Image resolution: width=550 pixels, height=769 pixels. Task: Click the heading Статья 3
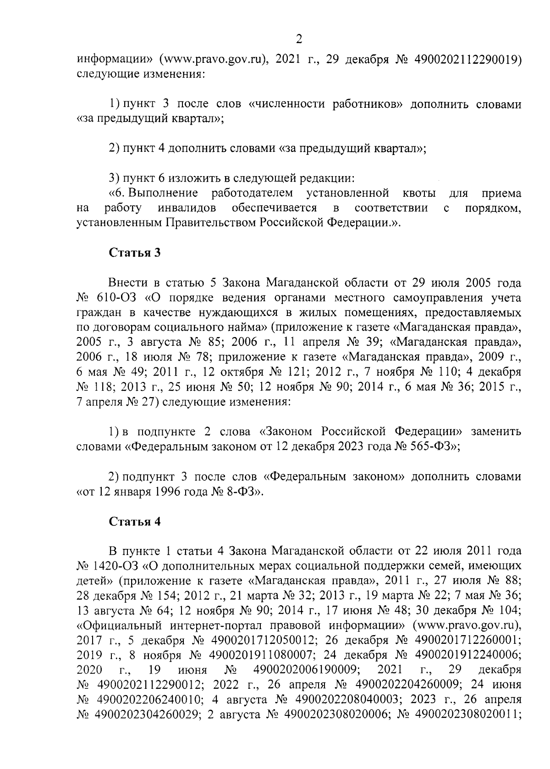tap(134, 253)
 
